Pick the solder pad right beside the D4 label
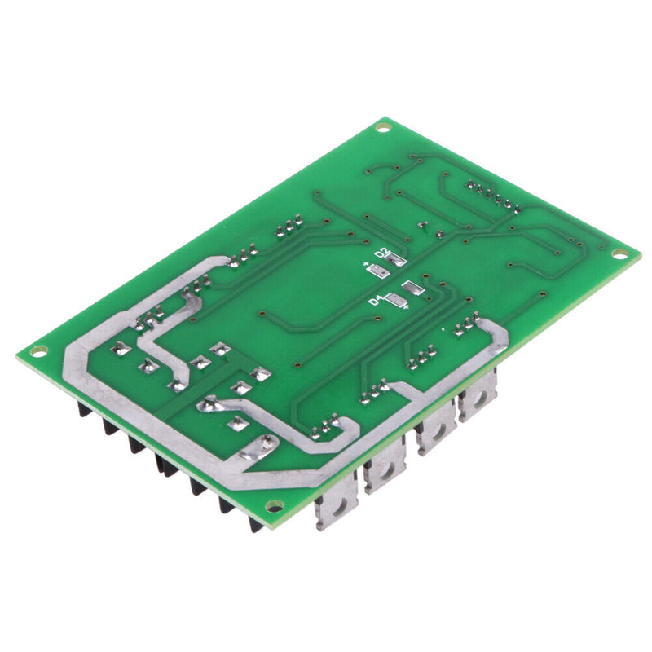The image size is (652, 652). [396, 302]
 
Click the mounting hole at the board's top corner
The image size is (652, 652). [383, 126]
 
